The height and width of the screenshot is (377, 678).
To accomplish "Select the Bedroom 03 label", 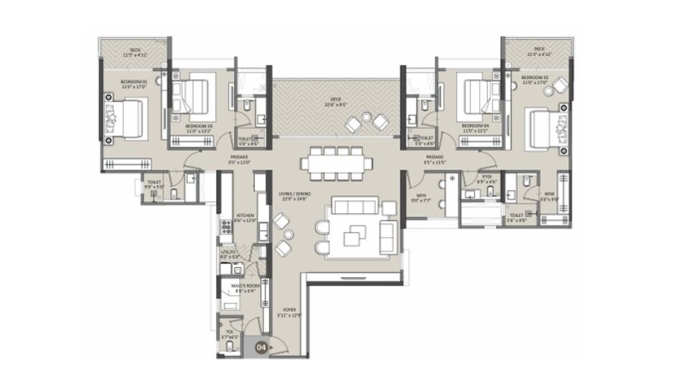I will point(199,128).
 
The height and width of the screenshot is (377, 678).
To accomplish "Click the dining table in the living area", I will point(337,163).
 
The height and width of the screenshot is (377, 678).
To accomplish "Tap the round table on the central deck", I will point(367,118).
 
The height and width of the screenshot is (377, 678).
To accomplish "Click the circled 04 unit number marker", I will point(262,346).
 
